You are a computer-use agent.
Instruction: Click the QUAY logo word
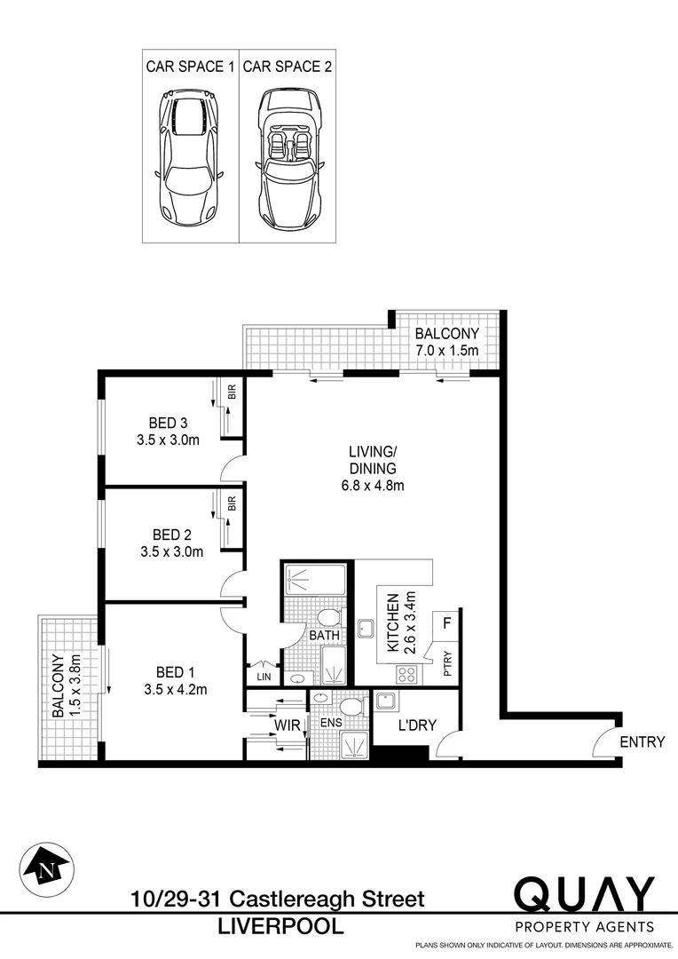(585, 895)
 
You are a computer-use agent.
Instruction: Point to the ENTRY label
(643, 742)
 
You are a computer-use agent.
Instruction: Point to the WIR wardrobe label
(287, 725)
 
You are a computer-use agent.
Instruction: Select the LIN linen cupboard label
(263, 678)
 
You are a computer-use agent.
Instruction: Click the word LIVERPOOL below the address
(281, 927)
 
